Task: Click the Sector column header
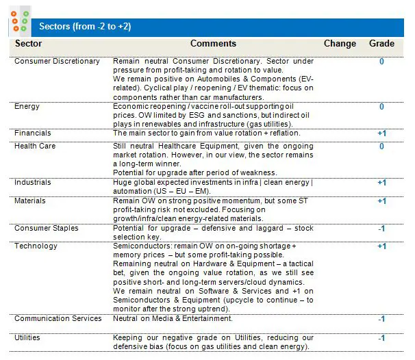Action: [29, 44]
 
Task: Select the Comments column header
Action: [213, 44]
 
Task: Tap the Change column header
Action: [340, 44]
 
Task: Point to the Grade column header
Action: [381, 44]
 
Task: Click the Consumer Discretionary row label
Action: [57, 62]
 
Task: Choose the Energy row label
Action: [27, 107]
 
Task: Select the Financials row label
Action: [33, 133]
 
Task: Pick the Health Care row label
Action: [35, 146]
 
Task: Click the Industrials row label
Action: [34, 183]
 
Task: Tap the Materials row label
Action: [30, 201]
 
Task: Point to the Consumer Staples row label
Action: [47, 229]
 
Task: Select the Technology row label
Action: [36, 246]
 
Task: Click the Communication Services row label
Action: [58, 318]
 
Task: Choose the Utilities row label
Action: [27, 337]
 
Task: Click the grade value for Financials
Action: [381, 133]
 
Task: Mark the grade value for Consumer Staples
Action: [381, 229]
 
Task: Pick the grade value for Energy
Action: [381, 107]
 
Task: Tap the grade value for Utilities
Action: [381, 338]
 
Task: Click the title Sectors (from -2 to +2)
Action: [85, 27]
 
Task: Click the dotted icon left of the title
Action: [20, 21]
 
